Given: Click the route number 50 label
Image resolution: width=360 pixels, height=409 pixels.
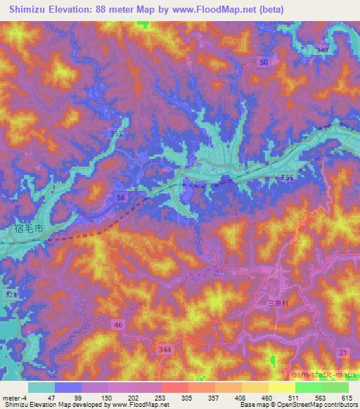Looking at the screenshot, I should (264, 63).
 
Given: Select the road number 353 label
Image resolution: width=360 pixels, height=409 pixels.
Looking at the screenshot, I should (117, 133).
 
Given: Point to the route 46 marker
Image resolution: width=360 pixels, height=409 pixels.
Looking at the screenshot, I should (118, 324).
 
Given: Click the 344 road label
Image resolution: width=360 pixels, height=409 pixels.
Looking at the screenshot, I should (167, 349).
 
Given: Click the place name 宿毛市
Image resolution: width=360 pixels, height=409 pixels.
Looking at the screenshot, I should (29, 228).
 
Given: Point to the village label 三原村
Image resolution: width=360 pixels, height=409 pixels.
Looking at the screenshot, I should (281, 304).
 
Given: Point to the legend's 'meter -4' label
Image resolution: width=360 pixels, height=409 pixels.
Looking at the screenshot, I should (16, 397).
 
